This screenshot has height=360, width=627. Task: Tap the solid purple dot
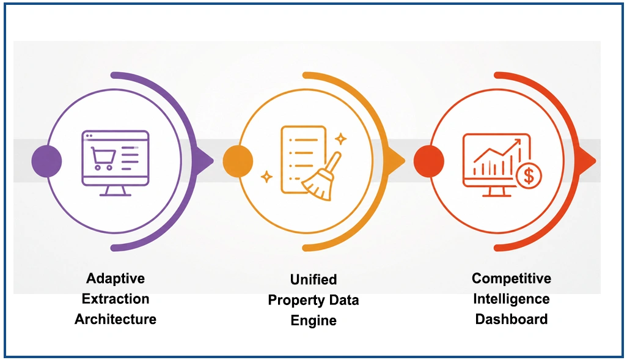point(47,161)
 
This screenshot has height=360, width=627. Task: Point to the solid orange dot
point(238,161)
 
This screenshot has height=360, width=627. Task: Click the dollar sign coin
point(529,175)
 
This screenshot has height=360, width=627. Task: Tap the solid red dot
point(428,161)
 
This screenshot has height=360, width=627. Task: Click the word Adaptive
point(116,278)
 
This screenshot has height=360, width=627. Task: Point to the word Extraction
point(116,299)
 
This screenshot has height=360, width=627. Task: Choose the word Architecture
point(116,319)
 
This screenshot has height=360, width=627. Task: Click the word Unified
point(313,279)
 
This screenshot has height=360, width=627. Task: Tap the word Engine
point(313,320)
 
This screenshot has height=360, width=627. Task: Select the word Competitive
point(512,278)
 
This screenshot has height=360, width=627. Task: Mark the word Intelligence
point(512,299)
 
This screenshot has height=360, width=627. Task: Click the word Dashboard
point(512,319)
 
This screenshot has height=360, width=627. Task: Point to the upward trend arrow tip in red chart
point(520,140)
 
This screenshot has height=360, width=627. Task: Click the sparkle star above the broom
point(340,139)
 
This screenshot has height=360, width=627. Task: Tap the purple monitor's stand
point(116,191)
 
